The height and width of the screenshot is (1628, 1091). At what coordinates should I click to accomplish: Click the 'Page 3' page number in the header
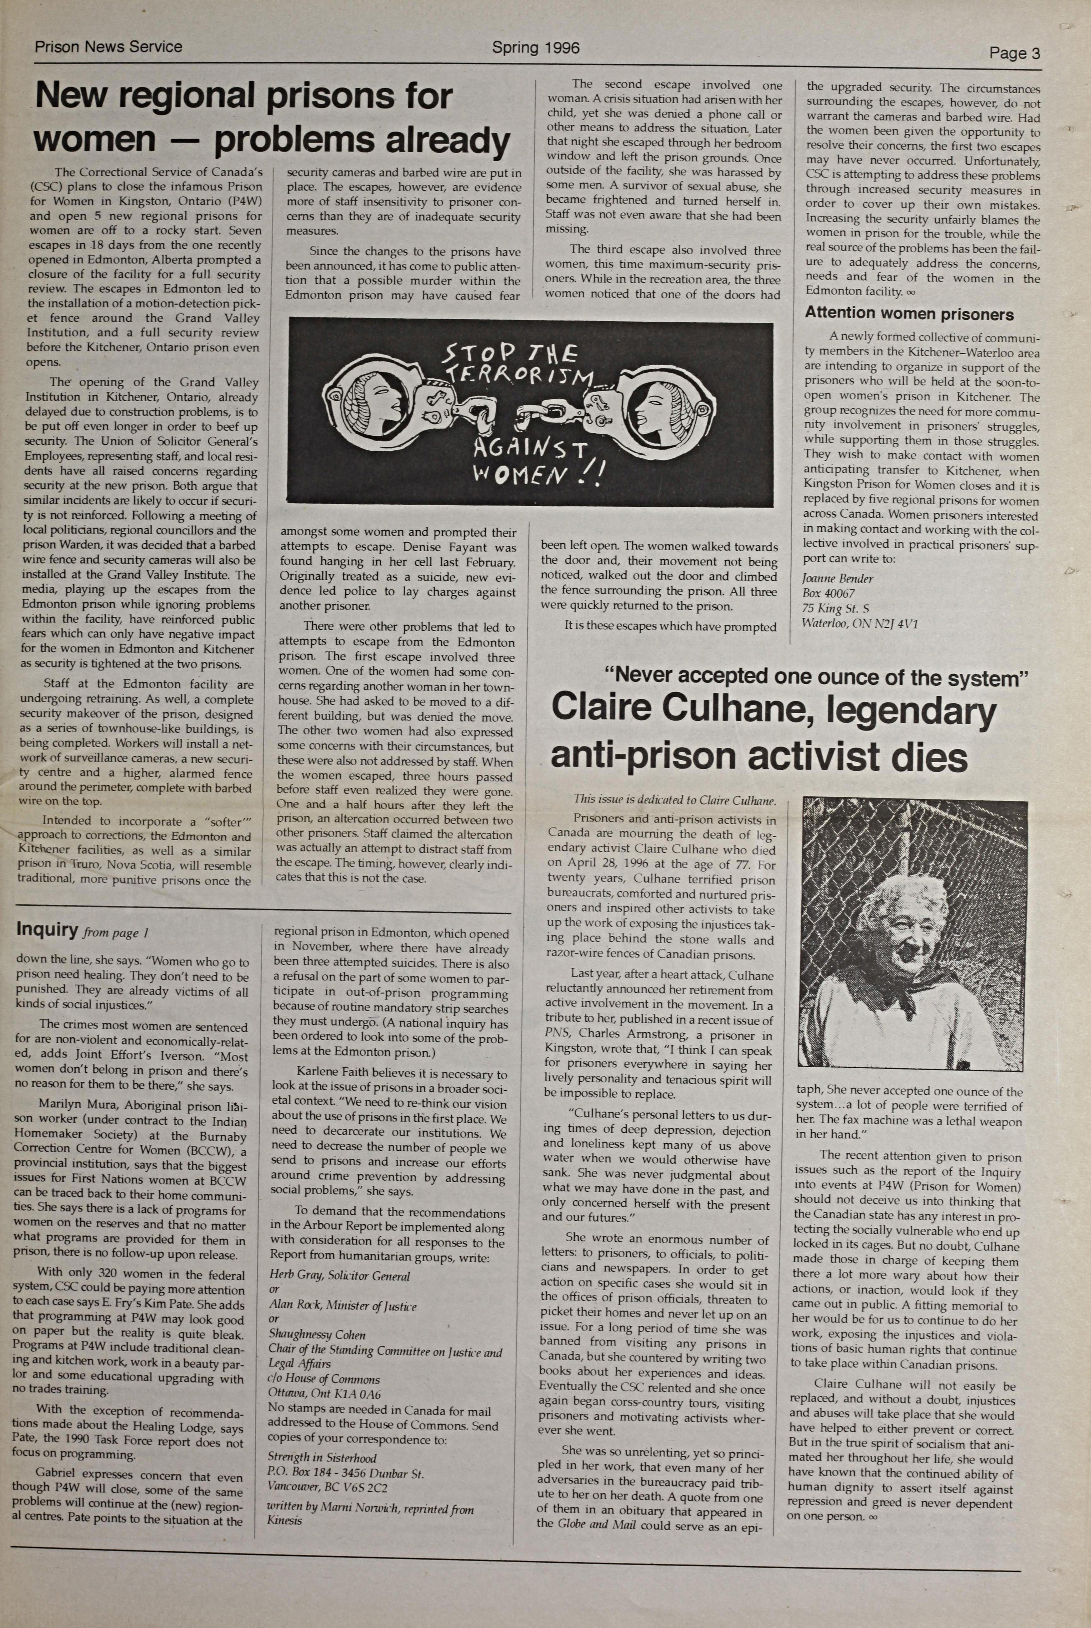1015,54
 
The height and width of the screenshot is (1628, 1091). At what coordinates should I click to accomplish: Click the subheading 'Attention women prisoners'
909,314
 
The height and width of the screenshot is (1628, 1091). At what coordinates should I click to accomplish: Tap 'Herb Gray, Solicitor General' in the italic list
340,1276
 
